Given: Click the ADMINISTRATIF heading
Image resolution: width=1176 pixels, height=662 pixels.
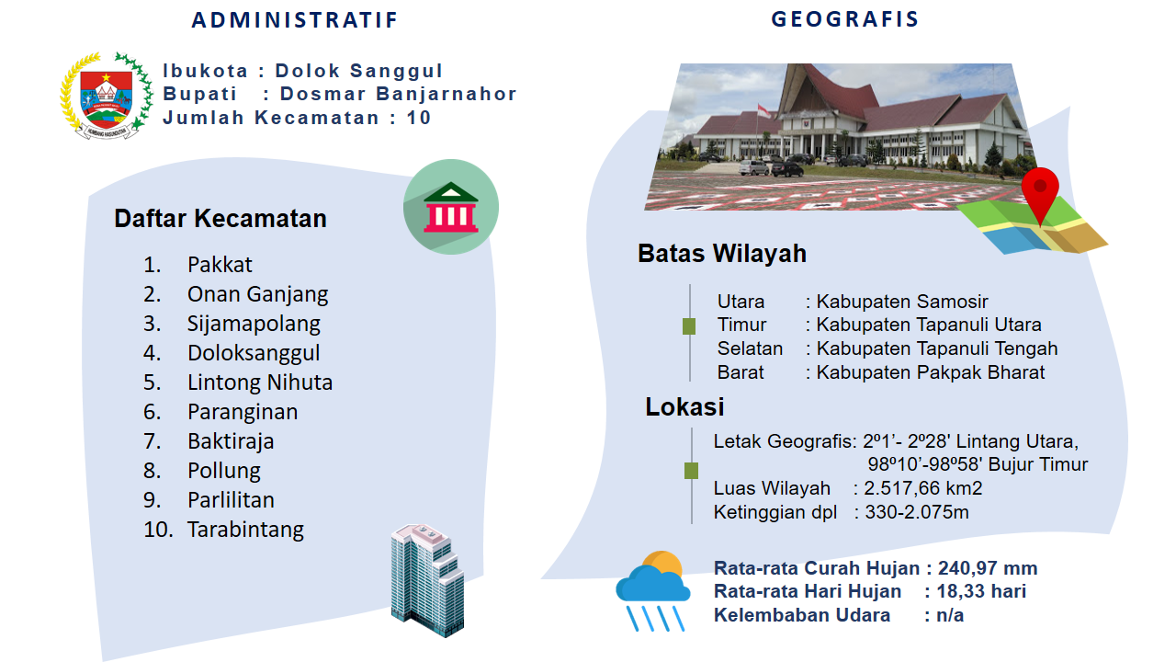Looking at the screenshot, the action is tap(295, 20).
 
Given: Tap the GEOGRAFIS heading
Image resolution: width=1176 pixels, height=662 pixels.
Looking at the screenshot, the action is tap(844, 19).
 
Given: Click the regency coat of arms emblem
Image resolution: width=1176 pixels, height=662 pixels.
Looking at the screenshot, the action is tap(107, 95).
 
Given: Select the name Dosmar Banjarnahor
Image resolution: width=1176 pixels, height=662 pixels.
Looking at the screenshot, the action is tap(399, 94).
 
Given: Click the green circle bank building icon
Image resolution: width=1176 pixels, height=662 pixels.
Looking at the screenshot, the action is tap(451, 207).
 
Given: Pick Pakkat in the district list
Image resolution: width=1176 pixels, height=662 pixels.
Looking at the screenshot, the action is tap(220, 265).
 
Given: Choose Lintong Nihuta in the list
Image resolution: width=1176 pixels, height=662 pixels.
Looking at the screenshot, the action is tap(260, 382).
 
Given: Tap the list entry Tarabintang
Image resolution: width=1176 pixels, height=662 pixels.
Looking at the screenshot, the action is tap(245, 530).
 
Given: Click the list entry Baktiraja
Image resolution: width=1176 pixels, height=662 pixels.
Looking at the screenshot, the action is tap(231, 441).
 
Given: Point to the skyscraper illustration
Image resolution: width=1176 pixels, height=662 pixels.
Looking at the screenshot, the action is tap(427, 580).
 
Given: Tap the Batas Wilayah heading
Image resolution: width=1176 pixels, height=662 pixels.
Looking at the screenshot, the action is tap(722, 253).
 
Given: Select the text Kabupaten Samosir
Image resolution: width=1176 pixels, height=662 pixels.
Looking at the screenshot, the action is tap(902, 302).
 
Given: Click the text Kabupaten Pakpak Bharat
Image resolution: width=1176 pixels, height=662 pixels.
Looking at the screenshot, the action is tap(931, 372).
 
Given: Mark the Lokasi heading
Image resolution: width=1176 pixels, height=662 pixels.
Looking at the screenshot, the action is tap(684, 406).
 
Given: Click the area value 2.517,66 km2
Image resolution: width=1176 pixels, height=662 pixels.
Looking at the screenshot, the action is tap(923, 488).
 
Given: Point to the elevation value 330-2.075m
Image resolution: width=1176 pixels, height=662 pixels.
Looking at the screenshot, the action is tap(917, 512).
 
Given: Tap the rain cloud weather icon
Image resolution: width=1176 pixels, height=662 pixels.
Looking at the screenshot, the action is tap(653, 590).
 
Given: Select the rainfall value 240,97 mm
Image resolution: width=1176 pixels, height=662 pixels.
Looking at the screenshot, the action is tap(988, 568).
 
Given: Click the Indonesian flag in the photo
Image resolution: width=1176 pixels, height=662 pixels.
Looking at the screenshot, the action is tap(763, 111).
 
